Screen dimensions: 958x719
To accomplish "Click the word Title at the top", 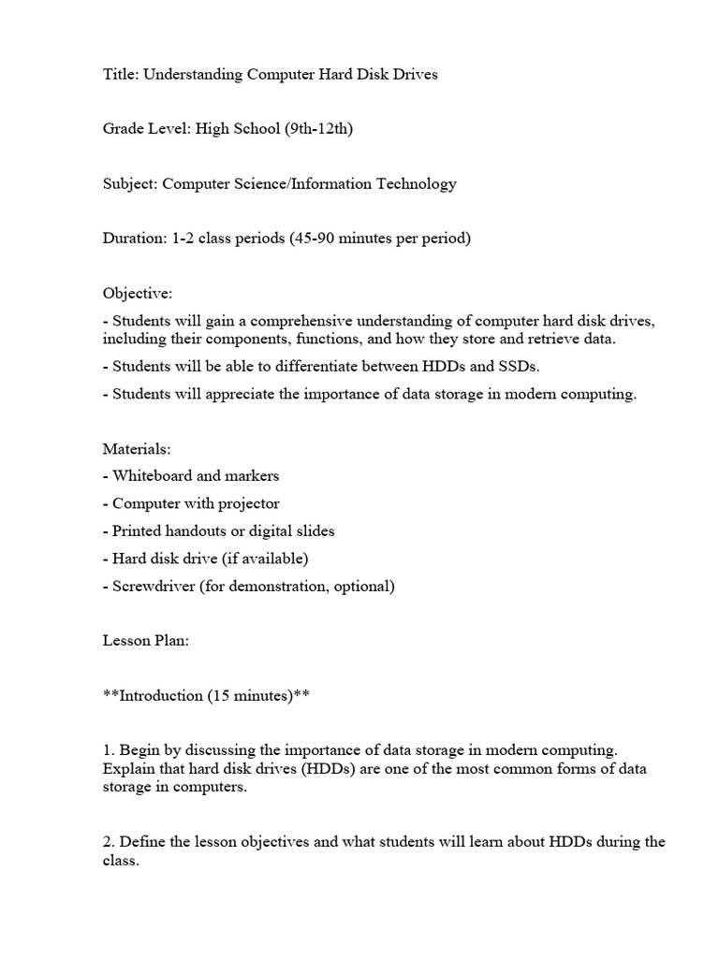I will tap(119, 75).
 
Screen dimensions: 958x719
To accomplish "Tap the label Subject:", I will tap(130, 183).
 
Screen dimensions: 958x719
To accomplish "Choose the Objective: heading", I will tap(138, 293).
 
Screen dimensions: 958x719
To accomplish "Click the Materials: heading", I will tap(137, 449).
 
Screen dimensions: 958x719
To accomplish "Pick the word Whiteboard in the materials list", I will tap(154, 476).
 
